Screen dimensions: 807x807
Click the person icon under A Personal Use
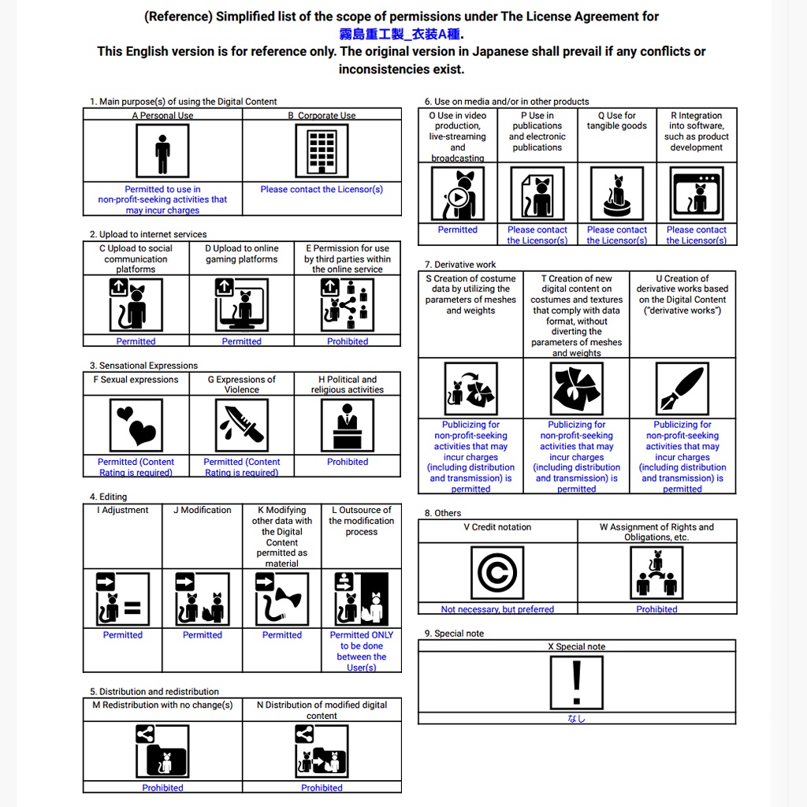click(x=162, y=151)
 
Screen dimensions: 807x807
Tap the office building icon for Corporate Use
click(x=322, y=151)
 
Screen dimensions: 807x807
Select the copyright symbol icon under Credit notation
click(x=497, y=573)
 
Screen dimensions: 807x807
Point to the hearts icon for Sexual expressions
click(x=136, y=426)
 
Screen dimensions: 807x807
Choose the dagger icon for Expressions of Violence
click(x=242, y=426)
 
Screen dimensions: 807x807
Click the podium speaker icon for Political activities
click(x=348, y=426)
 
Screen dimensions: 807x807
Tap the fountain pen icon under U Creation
click(x=682, y=389)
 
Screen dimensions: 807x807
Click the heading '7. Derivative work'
click(x=460, y=265)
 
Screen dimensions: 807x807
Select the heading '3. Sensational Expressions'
click(x=143, y=366)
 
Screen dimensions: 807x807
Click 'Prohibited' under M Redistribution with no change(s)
click(x=162, y=787)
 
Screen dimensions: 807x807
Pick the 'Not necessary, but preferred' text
click(x=497, y=609)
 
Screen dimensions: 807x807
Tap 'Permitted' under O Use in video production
click(x=458, y=230)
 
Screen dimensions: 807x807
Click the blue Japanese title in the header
click(x=401, y=34)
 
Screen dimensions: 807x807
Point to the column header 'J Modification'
click(x=202, y=511)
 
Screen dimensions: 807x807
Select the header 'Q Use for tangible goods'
click(x=617, y=121)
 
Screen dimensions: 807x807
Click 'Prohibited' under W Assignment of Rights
click(x=657, y=609)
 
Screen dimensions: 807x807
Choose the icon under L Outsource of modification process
click(x=362, y=599)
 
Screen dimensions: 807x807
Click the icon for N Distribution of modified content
click(x=322, y=751)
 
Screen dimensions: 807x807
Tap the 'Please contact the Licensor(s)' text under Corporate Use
click(x=322, y=189)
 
